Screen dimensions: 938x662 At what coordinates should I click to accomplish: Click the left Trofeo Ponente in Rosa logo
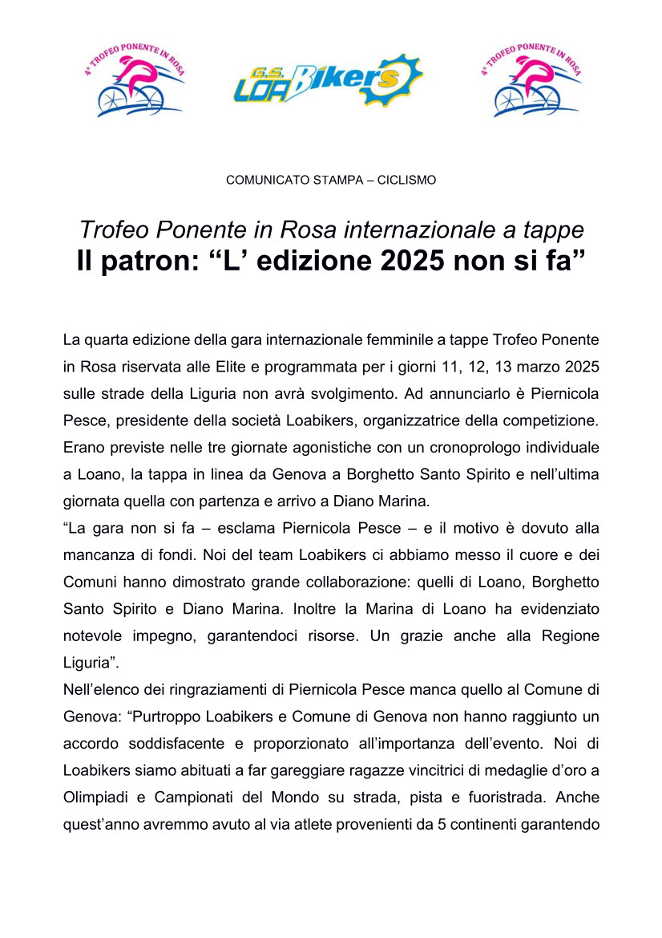coord(135,79)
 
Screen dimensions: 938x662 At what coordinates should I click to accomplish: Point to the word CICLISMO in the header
coord(406,181)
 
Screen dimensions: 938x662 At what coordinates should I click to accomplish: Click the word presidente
coord(147,420)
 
